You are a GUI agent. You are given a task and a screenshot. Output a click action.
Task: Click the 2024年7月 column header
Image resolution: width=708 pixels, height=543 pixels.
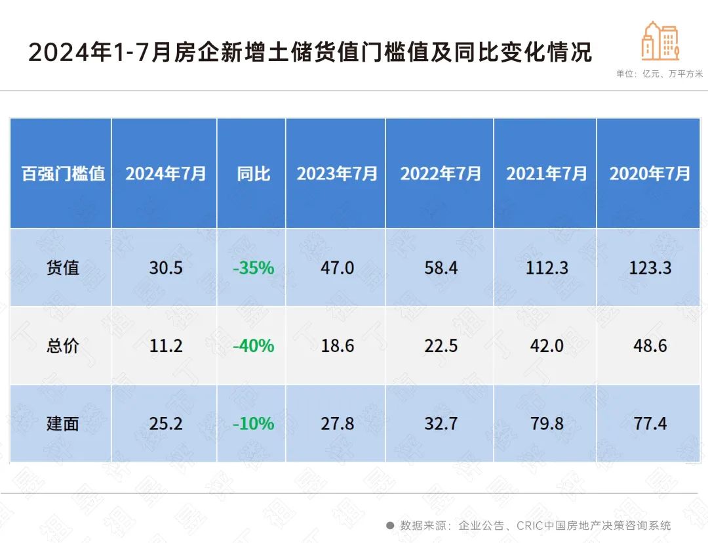pos(165,174)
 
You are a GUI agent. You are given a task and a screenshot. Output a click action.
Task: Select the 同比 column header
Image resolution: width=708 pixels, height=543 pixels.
pos(253,174)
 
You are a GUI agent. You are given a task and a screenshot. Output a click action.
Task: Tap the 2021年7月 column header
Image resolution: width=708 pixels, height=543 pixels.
pos(545,174)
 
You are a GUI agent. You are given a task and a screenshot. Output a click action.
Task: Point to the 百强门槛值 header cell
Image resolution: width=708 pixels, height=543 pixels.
pos(62,174)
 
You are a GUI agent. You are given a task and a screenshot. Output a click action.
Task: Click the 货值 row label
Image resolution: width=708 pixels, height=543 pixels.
pos(62,268)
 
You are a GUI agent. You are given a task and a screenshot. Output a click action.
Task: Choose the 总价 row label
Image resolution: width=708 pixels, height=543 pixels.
pos(62,346)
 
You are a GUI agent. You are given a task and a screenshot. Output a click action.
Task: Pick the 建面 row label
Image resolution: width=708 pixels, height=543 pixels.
pos(62,424)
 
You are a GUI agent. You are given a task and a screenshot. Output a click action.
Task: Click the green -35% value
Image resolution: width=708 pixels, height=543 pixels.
pos(253,268)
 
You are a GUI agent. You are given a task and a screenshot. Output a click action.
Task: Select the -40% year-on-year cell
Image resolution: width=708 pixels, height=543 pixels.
pos(253,346)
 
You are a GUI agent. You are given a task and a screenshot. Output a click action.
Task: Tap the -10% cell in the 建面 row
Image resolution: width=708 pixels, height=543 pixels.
pos(253,424)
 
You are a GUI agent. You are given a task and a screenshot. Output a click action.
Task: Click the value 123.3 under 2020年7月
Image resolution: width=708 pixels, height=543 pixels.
pos(650,268)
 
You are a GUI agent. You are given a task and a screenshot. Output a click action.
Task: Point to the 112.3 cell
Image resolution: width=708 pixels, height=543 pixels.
pos(546,268)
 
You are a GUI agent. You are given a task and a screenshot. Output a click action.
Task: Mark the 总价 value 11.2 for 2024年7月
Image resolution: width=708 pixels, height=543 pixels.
pos(165,346)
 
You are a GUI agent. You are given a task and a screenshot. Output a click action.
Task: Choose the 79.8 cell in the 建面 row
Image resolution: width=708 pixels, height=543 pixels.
pos(546,424)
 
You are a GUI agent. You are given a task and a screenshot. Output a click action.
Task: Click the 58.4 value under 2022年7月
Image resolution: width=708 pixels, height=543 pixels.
pos(441,268)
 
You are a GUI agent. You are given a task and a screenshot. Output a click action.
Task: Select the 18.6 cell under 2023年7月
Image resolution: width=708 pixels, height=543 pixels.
pos(338,346)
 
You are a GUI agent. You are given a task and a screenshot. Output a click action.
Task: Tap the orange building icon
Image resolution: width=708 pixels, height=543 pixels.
pos(660,41)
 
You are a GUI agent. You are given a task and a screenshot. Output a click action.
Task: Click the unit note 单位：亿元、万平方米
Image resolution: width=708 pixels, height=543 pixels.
pos(659,74)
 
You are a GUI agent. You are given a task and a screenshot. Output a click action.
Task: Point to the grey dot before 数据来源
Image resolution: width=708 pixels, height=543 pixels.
pos(389,525)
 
